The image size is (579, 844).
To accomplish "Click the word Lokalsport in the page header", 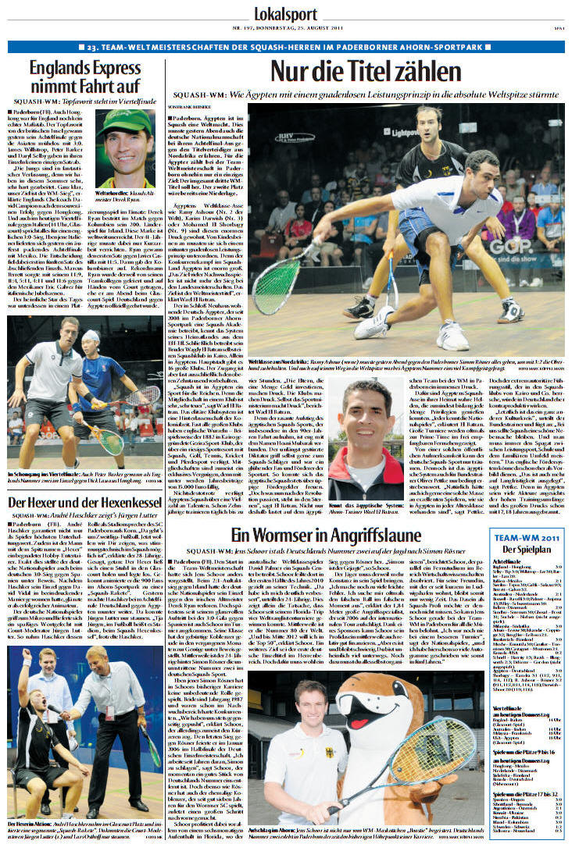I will tap(288, 13).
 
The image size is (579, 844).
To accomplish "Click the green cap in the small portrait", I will tap(126, 122).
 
